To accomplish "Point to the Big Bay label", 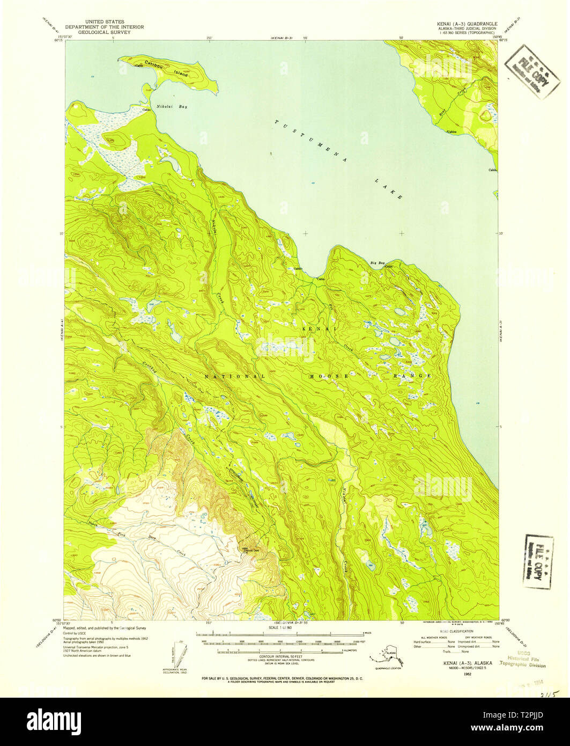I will (377, 263).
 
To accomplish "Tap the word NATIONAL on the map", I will (234, 376).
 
